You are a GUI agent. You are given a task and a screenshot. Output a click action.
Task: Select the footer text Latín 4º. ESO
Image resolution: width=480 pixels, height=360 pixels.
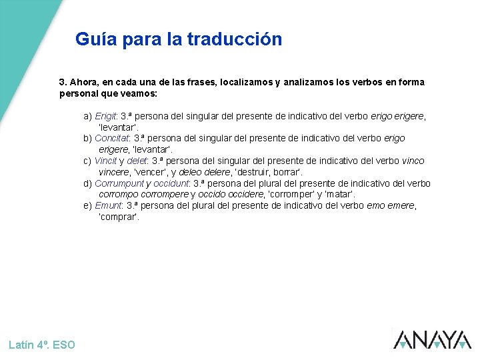[42, 345]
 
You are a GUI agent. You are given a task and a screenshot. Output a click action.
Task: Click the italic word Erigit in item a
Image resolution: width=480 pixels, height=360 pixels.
[106, 116]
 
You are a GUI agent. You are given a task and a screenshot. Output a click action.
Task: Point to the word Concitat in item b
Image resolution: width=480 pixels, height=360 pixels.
[112, 139]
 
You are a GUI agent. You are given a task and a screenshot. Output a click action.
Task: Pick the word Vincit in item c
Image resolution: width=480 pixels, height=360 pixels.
[105, 161]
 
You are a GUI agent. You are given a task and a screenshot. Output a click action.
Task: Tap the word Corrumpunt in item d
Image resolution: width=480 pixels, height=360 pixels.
[119, 183]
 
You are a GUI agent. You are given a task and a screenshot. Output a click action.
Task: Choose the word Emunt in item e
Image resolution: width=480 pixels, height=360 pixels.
[108, 206]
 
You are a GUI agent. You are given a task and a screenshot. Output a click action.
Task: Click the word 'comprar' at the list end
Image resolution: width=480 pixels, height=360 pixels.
[119, 217]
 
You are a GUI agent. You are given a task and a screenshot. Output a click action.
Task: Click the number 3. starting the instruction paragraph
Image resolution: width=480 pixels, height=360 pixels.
[63, 83]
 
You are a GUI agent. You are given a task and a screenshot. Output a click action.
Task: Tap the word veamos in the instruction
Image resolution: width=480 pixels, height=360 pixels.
[140, 93]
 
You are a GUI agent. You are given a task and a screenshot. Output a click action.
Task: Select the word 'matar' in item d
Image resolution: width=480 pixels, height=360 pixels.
[337, 195]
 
